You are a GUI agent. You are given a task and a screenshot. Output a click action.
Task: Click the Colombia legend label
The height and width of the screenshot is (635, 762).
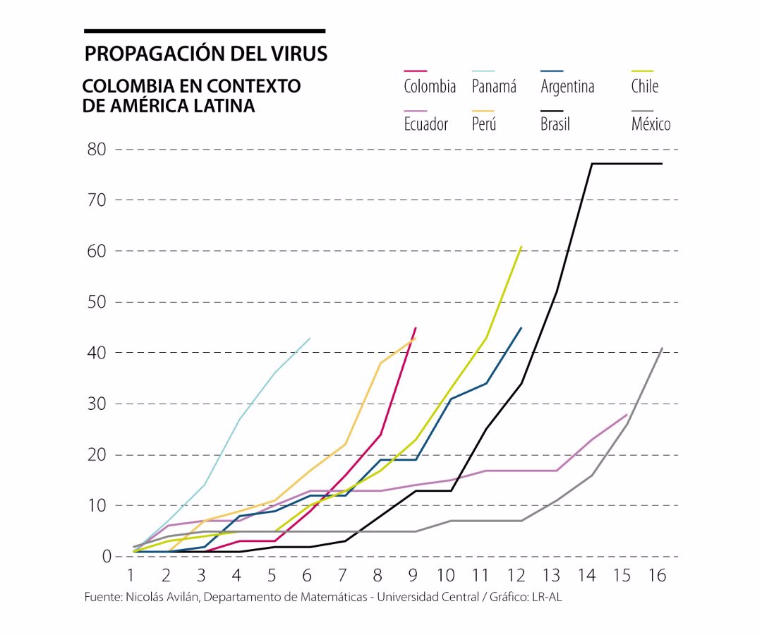430,87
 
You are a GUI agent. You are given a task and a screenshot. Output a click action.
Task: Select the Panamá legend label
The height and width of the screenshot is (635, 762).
494,87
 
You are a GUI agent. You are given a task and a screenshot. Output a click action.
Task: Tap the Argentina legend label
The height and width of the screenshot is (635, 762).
567,87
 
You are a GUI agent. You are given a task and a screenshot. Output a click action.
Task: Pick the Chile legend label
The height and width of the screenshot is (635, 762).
645,87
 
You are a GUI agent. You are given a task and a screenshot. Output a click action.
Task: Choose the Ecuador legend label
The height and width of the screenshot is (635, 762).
425,125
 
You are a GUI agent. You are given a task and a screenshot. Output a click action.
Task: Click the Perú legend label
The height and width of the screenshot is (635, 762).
484,125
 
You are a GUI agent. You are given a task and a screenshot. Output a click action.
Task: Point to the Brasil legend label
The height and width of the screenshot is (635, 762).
555,125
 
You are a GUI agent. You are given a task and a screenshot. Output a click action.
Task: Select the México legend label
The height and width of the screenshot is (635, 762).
651,125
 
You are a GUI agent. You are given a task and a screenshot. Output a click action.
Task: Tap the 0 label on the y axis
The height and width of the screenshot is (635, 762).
107,557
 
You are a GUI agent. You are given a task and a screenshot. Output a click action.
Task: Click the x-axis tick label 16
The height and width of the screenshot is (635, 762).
656,576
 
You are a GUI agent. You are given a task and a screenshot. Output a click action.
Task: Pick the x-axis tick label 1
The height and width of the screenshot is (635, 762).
131,576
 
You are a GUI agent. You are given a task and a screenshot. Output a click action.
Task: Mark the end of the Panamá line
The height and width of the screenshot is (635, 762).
310,338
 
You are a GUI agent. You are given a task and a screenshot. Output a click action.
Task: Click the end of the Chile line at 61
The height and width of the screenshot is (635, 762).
521,246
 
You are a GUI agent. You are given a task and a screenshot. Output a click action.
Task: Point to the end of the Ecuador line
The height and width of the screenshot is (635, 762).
627,414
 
